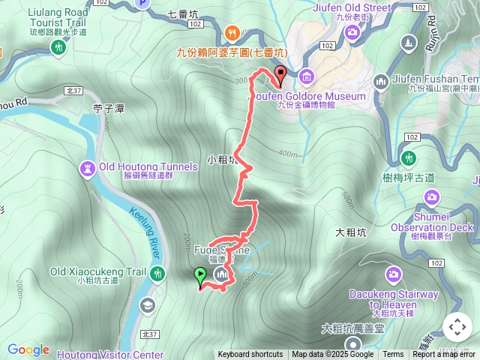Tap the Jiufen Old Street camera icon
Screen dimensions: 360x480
[352, 31]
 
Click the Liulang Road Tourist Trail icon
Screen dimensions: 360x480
[58, 47]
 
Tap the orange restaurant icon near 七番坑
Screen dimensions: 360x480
[232, 32]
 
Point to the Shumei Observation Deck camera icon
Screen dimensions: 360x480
[431, 196]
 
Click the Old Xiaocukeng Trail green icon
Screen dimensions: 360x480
[156, 273]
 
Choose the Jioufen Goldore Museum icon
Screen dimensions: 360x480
[307, 76]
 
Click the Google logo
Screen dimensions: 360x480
[28, 349]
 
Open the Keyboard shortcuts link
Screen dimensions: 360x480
[250, 355]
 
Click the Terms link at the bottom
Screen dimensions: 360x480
[393, 355]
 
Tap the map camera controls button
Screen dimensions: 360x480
[457, 327]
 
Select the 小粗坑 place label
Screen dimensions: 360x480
[223, 159]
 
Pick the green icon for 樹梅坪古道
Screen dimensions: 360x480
[409, 158]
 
